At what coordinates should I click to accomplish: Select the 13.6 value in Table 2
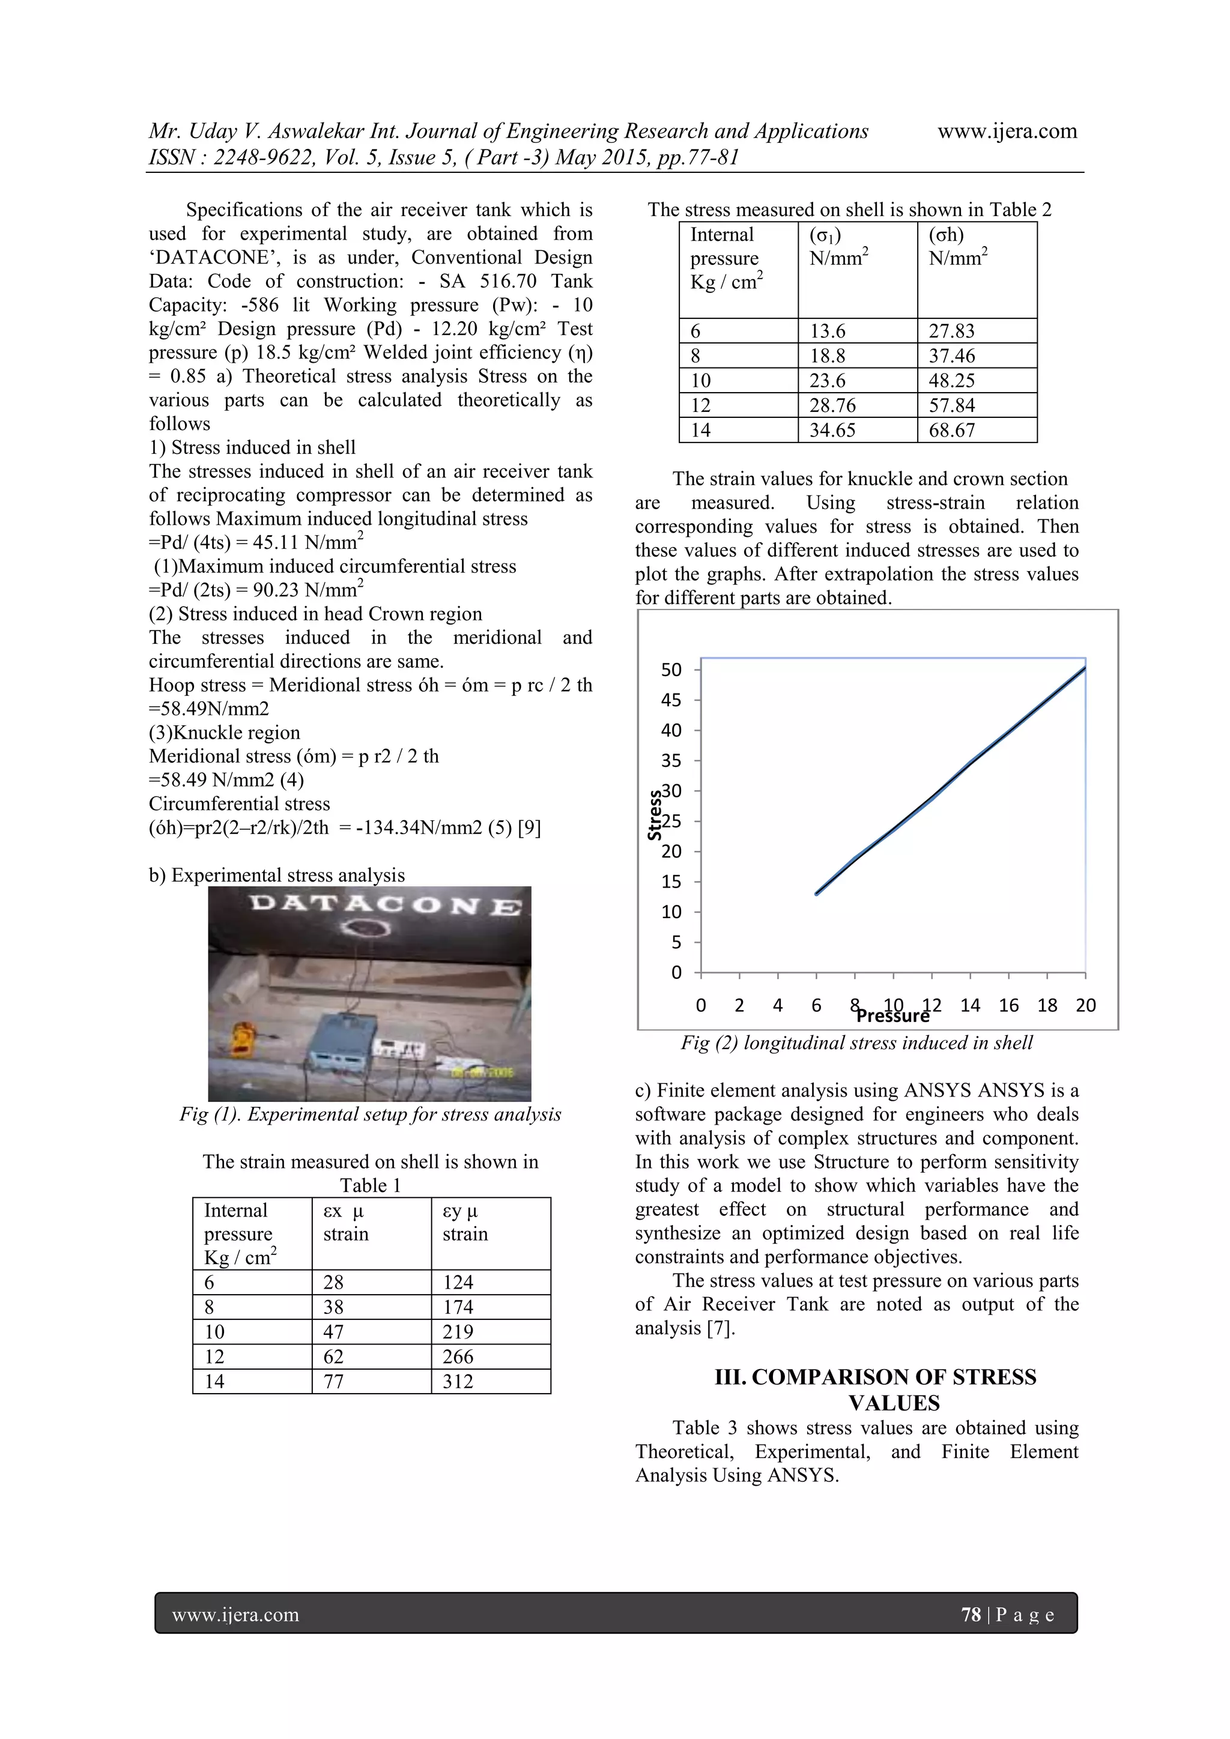click(x=827, y=331)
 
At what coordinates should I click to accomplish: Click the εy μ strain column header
click(x=464, y=1222)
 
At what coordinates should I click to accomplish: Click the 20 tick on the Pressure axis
click(x=1085, y=1005)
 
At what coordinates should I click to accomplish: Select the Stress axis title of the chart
click(x=655, y=815)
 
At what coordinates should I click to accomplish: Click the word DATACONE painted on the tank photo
click(x=385, y=904)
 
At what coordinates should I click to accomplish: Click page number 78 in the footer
click(x=970, y=1614)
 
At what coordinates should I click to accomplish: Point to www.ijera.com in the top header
click(x=1007, y=131)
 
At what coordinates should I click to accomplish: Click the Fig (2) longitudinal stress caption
click(x=856, y=1043)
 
